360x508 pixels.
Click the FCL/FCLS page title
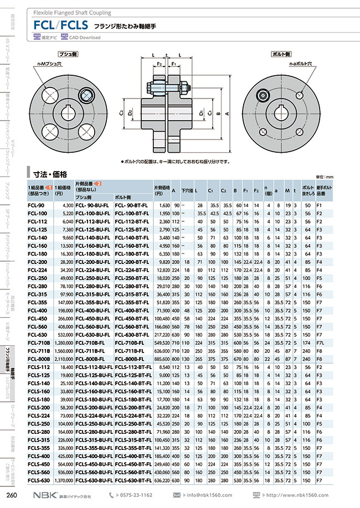(x=61, y=24)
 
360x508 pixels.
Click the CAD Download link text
(x=85, y=38)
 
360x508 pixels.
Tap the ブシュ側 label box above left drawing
(x=69, y=55)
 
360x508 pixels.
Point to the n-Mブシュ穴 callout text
(x=48, y=65)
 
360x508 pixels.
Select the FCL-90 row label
(x=36, y=205)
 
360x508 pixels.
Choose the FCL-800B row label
(x=38, y=359)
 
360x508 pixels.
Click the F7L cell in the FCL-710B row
(x=320, y=343)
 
